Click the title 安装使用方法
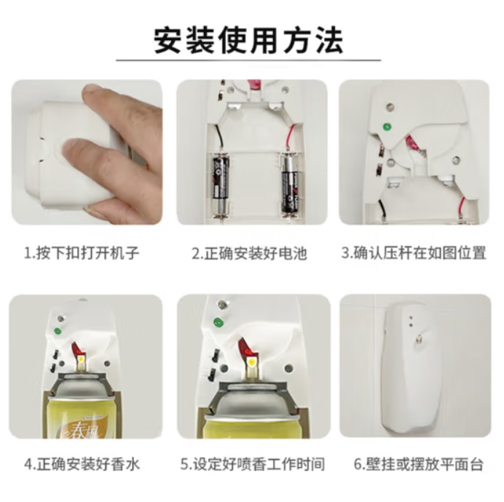coord(248,40)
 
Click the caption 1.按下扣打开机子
coord(82,253)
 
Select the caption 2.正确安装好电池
coord(249,253)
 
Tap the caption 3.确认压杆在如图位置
coord(414,253)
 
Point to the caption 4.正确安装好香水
coord(82,465)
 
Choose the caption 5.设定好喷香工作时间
coord(252,465)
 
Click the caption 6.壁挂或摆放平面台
coord(419,465)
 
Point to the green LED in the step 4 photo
coord(58,331)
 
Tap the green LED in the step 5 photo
coord(218,322)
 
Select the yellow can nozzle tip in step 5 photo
coord(251,363)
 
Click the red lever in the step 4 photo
coord(77,348)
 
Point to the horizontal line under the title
coord(248,60)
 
